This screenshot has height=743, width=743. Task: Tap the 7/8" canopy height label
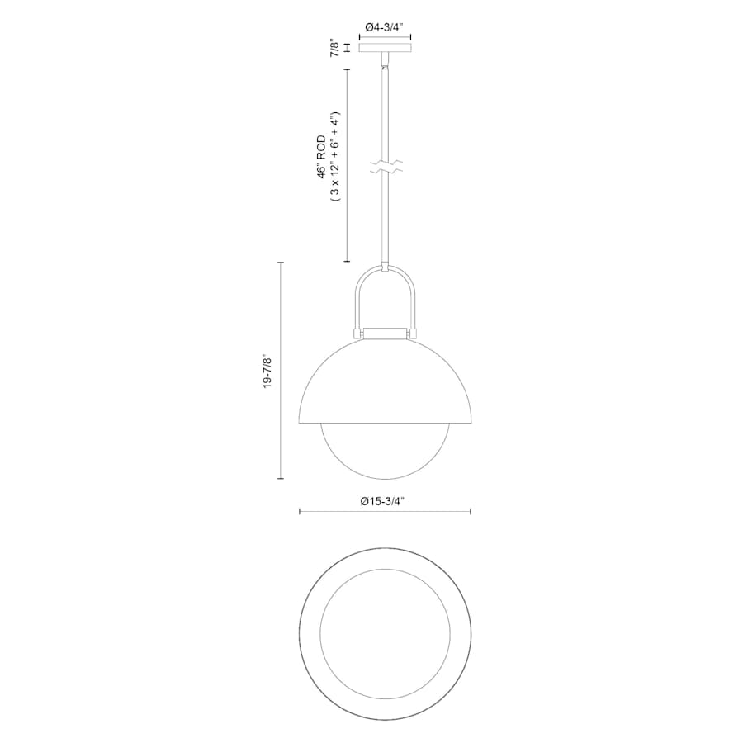coord(334,48)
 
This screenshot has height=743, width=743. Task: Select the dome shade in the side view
coord(385,380)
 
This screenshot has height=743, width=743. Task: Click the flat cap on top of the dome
coord(385,333)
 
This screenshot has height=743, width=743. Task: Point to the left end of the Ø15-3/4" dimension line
coord(299,513)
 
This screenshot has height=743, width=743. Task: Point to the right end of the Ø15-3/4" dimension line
coord(471,513)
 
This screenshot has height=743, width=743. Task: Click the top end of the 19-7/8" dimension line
coord(282,263)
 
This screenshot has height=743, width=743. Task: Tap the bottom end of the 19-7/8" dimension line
coord(282,479)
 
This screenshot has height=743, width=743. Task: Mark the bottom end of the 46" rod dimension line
coord(346,262)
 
